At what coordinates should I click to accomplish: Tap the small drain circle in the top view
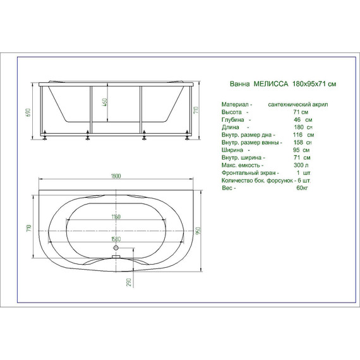click(x=116, y=258)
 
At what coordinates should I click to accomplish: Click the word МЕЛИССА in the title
click(x=271, y=84)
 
